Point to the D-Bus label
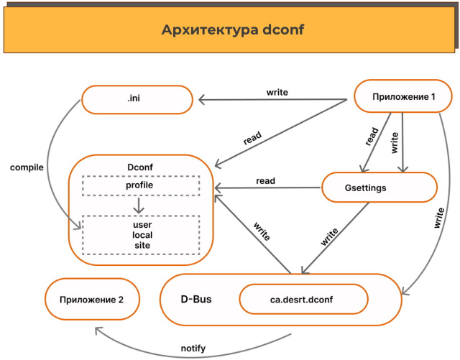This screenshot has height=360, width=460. click(195, 297)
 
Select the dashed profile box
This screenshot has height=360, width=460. click(140, 186)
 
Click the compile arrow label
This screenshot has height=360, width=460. click(27, 167)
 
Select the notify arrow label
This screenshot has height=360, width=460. click(193, 349)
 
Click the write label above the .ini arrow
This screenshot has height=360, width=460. click(277, 92)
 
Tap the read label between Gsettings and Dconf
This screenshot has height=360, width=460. click(265, 181)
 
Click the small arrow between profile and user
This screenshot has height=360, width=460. click(140, 205)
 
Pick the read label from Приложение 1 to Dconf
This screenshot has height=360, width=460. click(252, 137)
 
